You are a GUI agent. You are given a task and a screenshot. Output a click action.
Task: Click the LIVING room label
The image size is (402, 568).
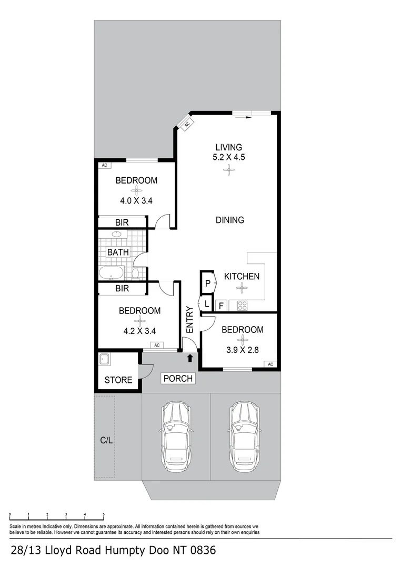pyautogui.click(x=228, y=147)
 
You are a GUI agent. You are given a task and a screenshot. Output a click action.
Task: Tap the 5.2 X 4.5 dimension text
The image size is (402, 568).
pyautogui.click(x=228, y=157)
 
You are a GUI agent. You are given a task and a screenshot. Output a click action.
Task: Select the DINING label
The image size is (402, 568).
pyautogui.click(x=230, y=220)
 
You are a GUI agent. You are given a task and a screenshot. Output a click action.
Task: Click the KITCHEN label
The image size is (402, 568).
pyautogui.click(x=242, y=277)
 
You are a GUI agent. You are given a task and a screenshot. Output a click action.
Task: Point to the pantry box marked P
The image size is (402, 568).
pyautogui.click(x=208, y=283)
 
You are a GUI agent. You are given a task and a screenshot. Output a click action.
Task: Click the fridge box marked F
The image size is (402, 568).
pyautogui.click(x=221, y=305)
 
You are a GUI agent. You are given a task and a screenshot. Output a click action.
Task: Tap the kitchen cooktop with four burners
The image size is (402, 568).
pyautogui.click(x=243, y=305)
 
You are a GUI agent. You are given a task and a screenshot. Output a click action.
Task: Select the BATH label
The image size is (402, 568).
pyautogui.click(x=118, y=252)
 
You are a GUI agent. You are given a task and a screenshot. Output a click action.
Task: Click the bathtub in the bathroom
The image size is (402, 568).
pyautogui.click(x=111, y=273)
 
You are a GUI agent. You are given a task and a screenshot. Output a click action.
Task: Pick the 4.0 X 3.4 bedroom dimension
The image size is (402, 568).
pyautogui.click(x=136, y=200)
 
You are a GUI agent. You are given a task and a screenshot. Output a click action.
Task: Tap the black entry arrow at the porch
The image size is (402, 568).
pyautogui.click(x=190, y=358)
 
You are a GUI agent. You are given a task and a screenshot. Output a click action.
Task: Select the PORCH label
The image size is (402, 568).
pyautogui.click(x=178, y=378)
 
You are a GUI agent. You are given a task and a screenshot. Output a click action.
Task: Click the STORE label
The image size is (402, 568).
pyautogui.click(x=118, y=380)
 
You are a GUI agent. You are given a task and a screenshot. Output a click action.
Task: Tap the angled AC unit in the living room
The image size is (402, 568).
pyautogui.click(x=185, y=124)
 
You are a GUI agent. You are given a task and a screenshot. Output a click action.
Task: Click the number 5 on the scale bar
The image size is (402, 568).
pyautogui.click(x=104, y=514)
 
